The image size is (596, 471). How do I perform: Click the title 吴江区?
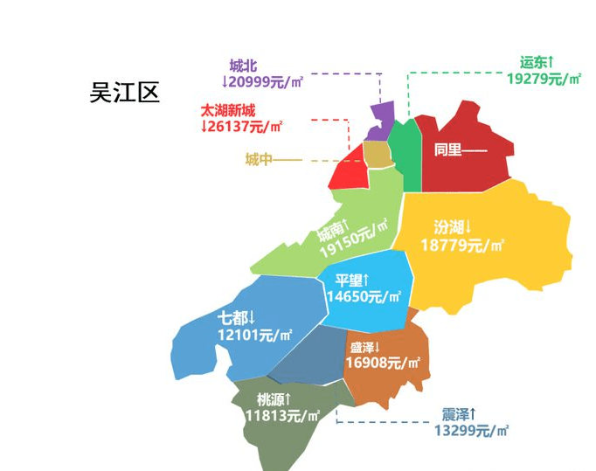[125, 93]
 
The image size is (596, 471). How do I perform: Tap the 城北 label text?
[244, 66]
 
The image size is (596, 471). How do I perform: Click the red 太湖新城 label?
[228, 110]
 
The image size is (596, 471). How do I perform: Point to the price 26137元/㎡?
[242, 126]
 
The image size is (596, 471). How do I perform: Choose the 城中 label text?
[260, 159]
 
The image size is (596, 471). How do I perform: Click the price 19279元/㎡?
[544, 79]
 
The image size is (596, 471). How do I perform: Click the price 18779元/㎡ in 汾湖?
[463, 246]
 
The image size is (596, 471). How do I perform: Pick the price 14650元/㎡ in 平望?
[364, 297]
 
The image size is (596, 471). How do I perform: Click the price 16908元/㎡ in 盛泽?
[384, 362]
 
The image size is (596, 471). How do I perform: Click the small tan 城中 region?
[377, 155]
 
